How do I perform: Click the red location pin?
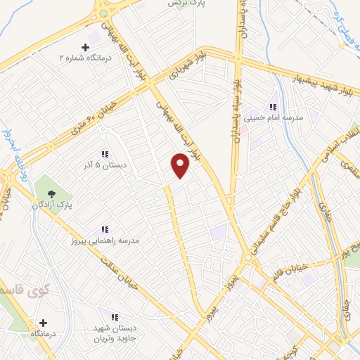(181, 165)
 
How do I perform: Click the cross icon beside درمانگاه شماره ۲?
(86, 46)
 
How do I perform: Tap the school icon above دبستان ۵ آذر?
(104, 154)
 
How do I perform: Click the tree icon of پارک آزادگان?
(51, 193)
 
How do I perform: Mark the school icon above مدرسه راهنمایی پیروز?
(105, 229)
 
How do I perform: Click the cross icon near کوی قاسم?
(43, 323)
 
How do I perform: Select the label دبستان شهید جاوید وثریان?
(115, 334)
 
